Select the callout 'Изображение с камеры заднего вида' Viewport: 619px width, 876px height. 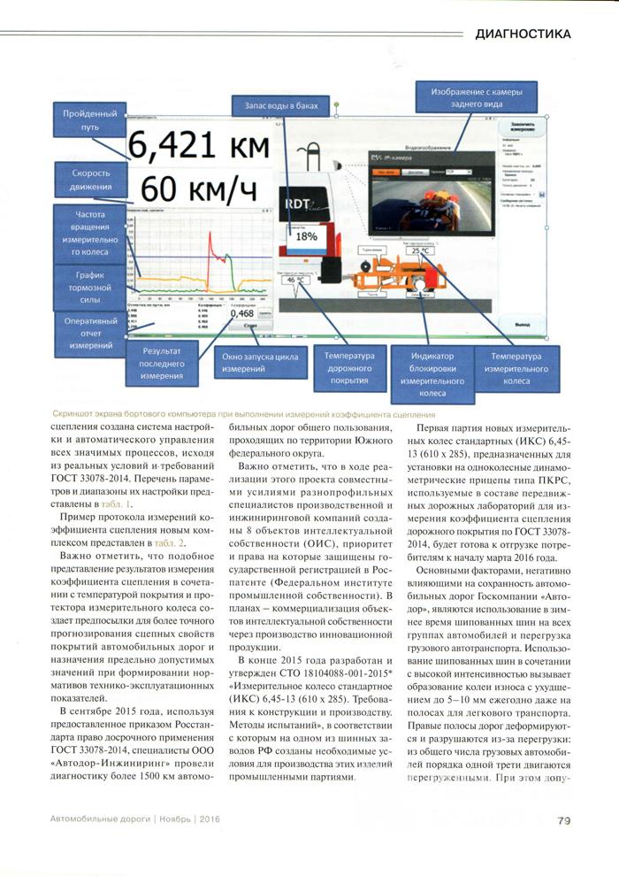coord(470,97)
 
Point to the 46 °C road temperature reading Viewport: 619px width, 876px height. coord(295,280)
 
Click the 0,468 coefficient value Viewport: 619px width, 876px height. coord(241,313)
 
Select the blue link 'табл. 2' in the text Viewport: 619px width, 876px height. coord(166,539)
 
